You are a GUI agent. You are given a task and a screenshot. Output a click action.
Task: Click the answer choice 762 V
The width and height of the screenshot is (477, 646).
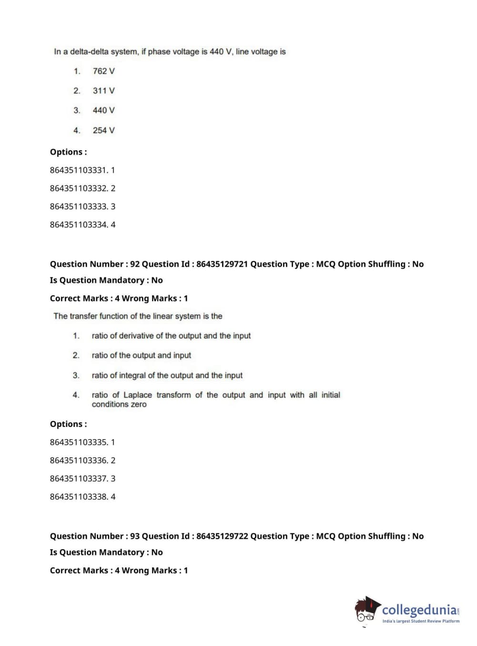pos(103,71)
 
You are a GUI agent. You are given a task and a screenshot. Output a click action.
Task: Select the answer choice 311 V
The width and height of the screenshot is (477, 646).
pos(103,91)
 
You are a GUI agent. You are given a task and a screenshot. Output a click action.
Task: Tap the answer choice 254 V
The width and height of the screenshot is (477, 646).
pos(103,130)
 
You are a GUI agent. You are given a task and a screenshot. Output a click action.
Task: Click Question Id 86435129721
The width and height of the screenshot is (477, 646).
pos(222,264)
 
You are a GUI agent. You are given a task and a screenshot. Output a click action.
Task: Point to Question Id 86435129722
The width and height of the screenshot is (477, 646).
pos(222,536)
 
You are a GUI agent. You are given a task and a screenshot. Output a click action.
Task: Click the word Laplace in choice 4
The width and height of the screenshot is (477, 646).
pos(137,395)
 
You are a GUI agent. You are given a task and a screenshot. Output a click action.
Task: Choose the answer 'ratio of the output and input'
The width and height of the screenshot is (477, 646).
pos(141,355)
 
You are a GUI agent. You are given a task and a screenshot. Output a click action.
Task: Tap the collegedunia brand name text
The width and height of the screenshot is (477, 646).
pos(419,610)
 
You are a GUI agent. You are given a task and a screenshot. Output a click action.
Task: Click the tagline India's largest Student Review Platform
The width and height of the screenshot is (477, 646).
pos(421,621)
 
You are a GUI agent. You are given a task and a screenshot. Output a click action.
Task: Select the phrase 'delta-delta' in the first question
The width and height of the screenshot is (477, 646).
pos(90,51)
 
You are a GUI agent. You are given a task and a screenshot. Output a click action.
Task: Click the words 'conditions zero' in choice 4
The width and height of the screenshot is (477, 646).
pos(119,404)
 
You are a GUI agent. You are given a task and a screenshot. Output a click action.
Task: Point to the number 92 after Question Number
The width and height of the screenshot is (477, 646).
pos(135,264)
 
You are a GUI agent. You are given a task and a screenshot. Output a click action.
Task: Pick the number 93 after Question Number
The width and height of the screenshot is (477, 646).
pos(135,536)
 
